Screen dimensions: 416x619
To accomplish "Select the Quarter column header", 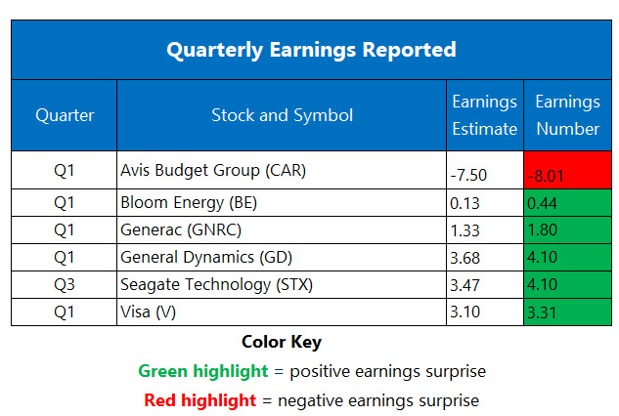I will pos(65,115).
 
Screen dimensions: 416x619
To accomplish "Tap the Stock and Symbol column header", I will pos(282,115).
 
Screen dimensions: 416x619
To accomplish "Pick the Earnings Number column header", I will pos(567,115).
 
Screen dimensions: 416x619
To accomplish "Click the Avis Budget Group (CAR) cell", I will pos(213,170).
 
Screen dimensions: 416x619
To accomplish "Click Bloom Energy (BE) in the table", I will pos(192,202).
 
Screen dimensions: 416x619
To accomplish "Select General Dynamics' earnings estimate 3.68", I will pos(466,257).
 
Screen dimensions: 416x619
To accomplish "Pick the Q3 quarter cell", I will pos(65,284).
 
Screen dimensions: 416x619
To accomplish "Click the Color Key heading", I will pos(282,343).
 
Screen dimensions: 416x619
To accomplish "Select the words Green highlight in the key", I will pos(202,371).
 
